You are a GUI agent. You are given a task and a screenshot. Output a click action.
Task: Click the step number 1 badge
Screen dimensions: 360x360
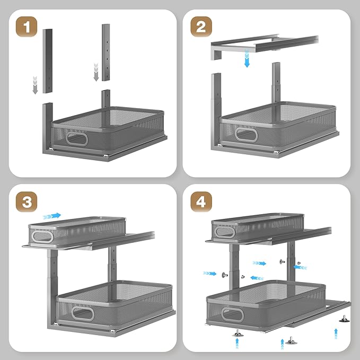(27, 27)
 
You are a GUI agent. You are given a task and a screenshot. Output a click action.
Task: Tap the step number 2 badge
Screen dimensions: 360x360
(201, 27)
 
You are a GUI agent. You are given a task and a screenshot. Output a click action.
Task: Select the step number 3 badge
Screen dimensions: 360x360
(27, 202)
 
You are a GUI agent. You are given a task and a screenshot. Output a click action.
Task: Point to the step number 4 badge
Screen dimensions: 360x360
(201, 202)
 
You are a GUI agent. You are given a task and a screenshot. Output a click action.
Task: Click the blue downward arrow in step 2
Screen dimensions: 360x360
(247, 59)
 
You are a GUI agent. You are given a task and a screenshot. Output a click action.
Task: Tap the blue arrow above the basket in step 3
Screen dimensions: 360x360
(52, 216)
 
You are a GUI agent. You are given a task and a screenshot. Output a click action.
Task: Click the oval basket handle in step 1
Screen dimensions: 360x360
(77, 139)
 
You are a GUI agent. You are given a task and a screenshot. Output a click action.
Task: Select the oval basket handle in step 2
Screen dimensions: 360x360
(247, 135)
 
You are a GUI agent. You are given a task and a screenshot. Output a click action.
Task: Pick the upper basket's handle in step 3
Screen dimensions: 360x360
(42, 236)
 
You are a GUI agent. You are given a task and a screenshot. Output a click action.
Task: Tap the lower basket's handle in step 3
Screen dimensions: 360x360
(83, 313)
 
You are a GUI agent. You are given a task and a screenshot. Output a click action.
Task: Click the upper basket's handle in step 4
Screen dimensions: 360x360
(225, 232)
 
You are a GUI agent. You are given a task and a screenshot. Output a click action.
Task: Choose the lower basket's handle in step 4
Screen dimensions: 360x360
(232, 314)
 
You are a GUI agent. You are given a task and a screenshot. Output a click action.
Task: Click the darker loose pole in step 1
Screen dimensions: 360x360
(48, 61)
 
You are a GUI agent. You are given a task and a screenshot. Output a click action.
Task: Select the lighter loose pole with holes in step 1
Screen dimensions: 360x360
(106, 52)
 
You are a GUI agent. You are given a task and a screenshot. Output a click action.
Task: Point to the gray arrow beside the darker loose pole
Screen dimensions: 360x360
(35, 85)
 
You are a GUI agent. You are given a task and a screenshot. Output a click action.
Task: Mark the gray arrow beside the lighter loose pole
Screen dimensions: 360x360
(96, 72)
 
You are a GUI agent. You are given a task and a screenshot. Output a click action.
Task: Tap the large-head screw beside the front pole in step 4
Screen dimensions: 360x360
(225, 275)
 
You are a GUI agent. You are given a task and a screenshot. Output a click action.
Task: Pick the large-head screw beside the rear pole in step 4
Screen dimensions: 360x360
(282, 261)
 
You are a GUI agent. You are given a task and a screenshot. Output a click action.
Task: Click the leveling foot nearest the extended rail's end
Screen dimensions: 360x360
(345, 319)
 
